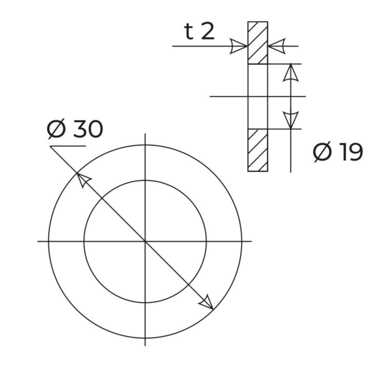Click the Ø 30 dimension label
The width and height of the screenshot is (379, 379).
click(75, 129)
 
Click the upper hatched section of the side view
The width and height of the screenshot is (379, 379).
click(258, 43)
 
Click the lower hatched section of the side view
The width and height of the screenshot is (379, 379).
click(258, 150)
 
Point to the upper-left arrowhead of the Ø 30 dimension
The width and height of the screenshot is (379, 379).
click(83, 180)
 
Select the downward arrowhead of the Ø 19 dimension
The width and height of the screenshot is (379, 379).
click(291, 120)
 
